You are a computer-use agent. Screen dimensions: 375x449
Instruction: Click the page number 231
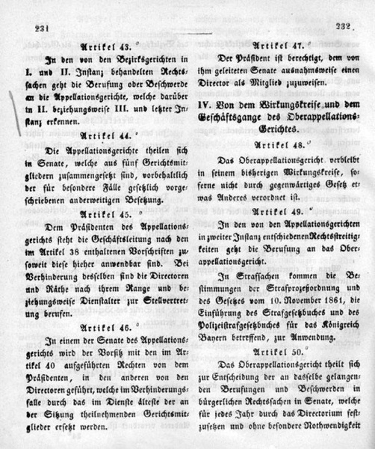coord(41,27)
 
